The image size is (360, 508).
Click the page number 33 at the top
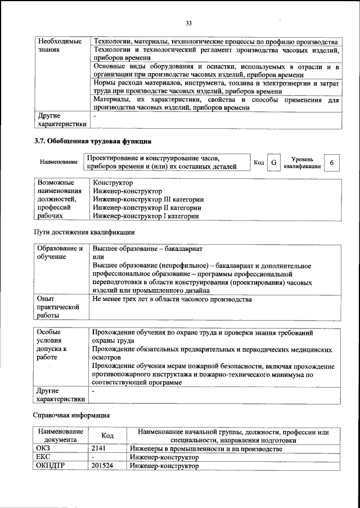tap(189, 23)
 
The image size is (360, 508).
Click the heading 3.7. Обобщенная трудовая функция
tap(93, 141)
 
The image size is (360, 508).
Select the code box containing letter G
tap(273, 163)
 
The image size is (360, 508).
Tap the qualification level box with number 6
tap(332, 163)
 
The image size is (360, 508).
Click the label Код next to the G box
tap(259, 163)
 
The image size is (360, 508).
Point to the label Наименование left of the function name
tap(58, 162)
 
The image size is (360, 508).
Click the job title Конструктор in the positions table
tap(113, 183)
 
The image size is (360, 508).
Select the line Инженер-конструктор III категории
tap(148, 199)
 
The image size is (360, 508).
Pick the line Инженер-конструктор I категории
tap(146, 215)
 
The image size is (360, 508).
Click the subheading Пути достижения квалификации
tap(85, 232)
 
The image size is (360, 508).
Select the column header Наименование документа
tap(57, 435)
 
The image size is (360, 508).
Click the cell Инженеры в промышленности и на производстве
tap(205, 449)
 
